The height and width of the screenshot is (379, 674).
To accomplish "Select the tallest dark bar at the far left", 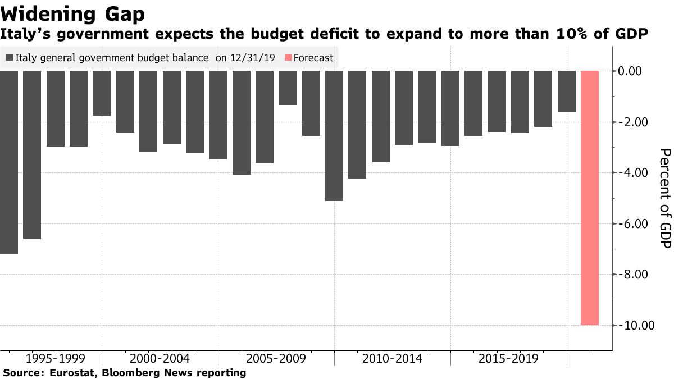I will (x=8, y=163).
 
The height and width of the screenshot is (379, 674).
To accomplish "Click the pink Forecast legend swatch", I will (x=288, y=58).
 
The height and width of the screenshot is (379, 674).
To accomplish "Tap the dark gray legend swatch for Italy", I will (x=10, y=58).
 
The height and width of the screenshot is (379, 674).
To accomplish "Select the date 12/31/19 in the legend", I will (x=252, y=58).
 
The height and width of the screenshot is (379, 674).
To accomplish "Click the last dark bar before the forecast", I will (x=566, y=92).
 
